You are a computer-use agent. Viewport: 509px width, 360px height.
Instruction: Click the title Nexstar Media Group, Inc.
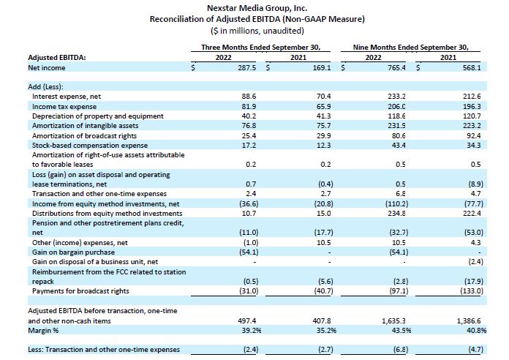[257, 8]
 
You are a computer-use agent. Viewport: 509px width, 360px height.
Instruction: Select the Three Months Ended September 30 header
[260, 47]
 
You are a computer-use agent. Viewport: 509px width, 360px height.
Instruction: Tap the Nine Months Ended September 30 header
[411, 47]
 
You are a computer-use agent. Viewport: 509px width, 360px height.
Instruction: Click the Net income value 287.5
[247, 67]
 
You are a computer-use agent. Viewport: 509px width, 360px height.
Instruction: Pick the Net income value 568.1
[472, 67]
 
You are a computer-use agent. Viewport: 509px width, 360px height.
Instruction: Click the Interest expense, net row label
[67, 97]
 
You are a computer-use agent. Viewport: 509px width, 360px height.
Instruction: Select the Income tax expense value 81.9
[249, 107]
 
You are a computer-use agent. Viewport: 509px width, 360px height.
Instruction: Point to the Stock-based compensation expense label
[90, 145]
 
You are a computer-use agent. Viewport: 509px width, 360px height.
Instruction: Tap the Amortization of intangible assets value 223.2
[474, 126]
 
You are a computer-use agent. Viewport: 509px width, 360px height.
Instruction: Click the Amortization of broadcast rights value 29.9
[324, 135]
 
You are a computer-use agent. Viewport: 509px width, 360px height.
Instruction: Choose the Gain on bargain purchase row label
[73, 252]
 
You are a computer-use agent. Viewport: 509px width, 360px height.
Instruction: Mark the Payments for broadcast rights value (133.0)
[472, 290]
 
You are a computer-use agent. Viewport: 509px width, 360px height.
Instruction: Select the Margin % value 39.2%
[252, 331]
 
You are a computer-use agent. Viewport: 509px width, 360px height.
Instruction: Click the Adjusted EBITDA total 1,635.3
[393, 320]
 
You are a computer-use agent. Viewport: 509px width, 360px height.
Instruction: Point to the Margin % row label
[43, 331]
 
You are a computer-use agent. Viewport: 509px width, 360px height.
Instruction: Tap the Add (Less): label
[45, 87]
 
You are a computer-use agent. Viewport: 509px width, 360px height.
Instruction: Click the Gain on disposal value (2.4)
[475, 261]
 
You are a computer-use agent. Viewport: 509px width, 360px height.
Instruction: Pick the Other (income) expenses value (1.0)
[251, 242]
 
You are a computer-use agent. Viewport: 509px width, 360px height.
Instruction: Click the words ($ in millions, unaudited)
[257, 31]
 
